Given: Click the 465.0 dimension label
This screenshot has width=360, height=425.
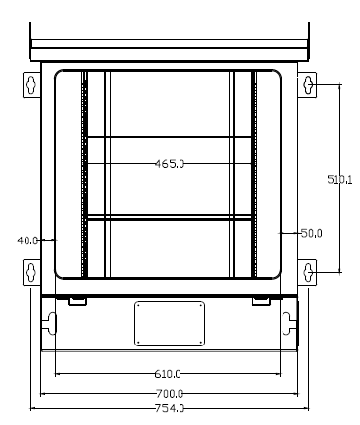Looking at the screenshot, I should click(170, 164).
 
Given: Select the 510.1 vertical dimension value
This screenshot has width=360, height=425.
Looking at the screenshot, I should click(339, 179).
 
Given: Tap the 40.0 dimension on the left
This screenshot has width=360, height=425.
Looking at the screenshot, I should click(27, 239).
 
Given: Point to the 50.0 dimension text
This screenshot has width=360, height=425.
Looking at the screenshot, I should click(311, 233).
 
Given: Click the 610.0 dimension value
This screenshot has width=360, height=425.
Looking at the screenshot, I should click(168, 374).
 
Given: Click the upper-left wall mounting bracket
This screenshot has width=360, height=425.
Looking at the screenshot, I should click(30, 85).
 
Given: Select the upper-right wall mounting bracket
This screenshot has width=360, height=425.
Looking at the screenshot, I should click(309, 85).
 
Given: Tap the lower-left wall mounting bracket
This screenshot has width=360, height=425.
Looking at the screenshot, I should click(30, 271).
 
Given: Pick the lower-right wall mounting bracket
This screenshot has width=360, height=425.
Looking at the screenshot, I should click(309, 271).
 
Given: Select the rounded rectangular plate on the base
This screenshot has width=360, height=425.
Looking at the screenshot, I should click(169, 323).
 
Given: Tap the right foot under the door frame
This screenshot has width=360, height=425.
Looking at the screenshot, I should click(261, 299).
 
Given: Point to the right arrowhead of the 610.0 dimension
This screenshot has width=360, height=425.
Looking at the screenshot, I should click(279, 374).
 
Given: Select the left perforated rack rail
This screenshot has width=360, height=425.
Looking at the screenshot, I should click(85, 174).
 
